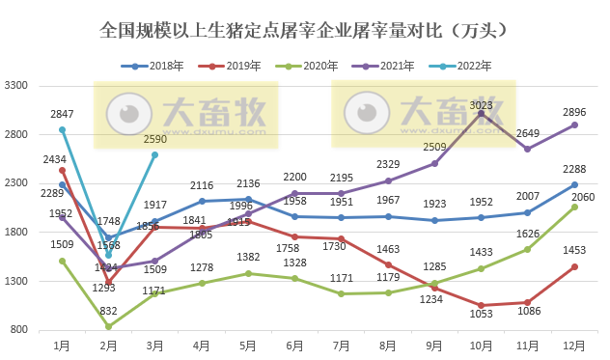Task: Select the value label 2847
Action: click(62, 114)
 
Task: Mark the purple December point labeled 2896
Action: click(574, 125)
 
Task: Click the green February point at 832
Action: click(108, 326)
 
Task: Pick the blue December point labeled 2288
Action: click(574, 184)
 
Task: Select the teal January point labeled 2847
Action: click(62, 129)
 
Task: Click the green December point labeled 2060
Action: click(574, 207)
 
